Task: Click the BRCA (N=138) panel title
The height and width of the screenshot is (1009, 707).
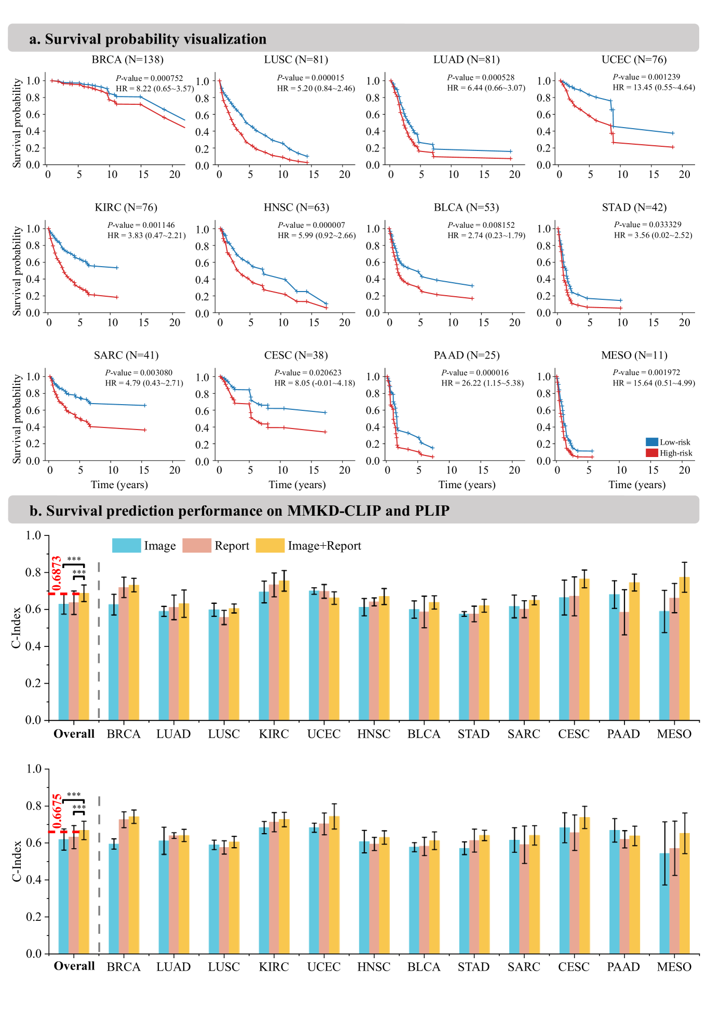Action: [x=127, y=60]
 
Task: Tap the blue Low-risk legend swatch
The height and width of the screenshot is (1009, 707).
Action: [x=651, y=442]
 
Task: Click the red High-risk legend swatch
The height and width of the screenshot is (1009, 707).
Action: [x=651, y=453]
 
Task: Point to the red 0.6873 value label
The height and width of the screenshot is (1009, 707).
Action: [x=57, y=574]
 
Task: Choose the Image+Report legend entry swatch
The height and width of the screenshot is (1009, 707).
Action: [x=270, y=546]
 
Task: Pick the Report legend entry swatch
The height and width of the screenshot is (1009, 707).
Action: [x=197, y=546]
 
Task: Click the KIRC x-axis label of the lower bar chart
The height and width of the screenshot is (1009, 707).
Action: [x=274, y=967]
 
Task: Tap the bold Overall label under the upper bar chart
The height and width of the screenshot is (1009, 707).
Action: [x=74, y=734]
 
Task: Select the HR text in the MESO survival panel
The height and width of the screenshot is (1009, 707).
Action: [x=654, y=383]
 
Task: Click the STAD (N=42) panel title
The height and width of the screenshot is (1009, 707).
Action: [x=634, y=208]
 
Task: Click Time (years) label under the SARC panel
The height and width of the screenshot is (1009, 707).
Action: [x=119, y=485]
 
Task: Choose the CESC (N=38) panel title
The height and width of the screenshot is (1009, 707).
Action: [x=296, y=355]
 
